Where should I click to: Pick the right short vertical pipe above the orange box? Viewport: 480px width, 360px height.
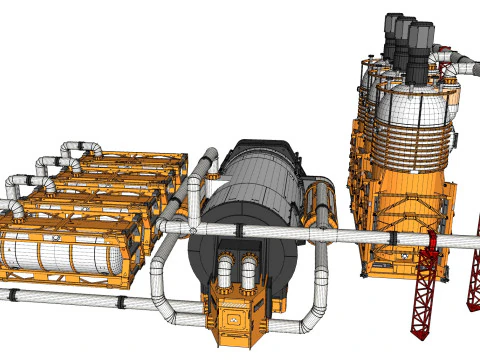coord(248,270)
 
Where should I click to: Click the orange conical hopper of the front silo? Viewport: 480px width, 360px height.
coord(415,180)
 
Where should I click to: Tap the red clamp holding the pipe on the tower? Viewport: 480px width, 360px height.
coord(431,241)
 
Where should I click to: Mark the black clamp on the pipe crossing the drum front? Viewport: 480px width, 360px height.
coord(239,229)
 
